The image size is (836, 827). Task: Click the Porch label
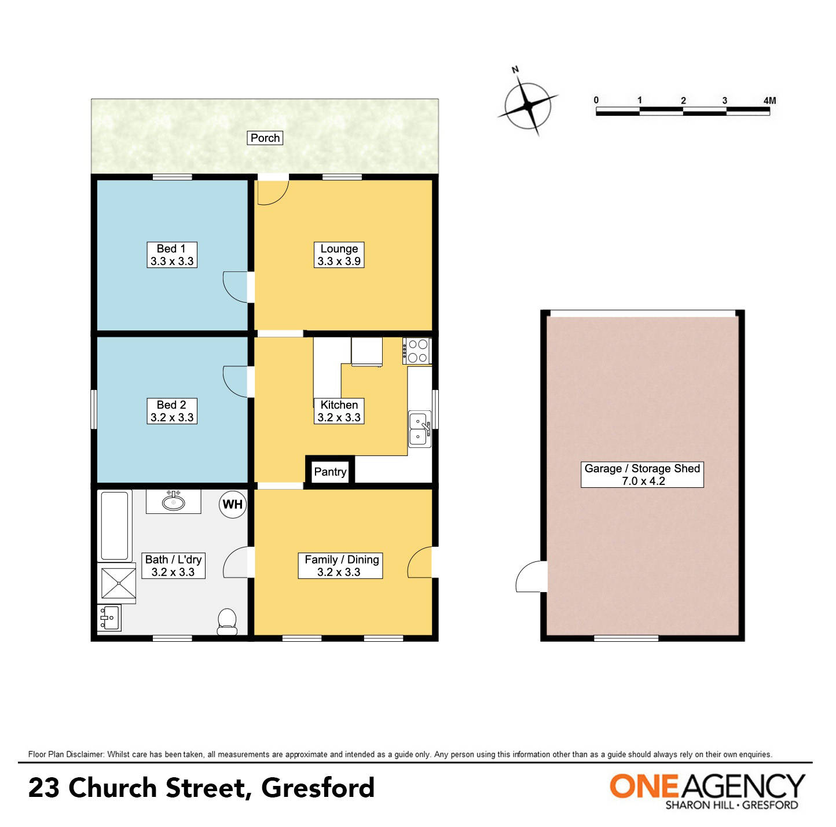point(265,138)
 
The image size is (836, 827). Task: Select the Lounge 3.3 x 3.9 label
point(339,255)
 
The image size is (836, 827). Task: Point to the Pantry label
point(330,472)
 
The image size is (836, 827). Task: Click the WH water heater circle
point(233,504)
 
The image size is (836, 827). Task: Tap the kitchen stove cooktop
point(417,351)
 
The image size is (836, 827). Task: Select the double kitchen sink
point(419,429)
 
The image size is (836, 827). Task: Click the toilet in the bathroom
point(227,622)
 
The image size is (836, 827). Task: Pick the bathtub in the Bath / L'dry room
point(115,525)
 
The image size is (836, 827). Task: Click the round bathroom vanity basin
point(173,501)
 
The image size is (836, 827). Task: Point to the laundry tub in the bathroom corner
point(109,618)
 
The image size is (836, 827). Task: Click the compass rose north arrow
point(528,105)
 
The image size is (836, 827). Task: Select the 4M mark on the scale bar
point(769,101)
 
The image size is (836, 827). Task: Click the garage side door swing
point(531,577)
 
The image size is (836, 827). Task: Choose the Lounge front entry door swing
point(272,192)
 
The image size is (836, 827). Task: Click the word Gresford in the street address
point(318,788)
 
